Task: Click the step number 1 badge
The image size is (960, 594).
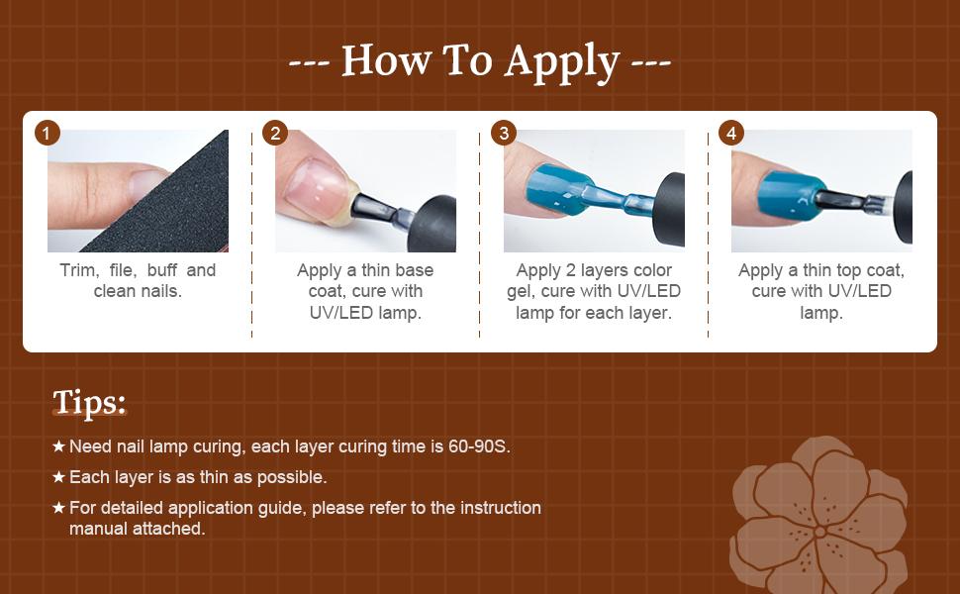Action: [48, 133]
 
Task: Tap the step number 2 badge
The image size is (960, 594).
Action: [275, 133]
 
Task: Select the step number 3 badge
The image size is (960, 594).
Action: [504, 133]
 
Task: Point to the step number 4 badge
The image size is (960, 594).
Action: [731, 133]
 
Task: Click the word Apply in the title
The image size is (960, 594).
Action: [562, 62]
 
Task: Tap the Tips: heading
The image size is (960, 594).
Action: [89, 402]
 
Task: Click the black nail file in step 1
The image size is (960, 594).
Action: [165, 202]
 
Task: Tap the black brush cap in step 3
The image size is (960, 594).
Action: [669, 208]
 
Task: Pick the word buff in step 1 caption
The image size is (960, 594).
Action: [162, 270]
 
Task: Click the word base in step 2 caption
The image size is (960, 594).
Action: [414, 270]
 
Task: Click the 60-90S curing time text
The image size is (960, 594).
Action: [478, 446]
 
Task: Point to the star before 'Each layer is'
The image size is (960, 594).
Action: [58, 476]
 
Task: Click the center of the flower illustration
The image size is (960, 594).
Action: [819, 532]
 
